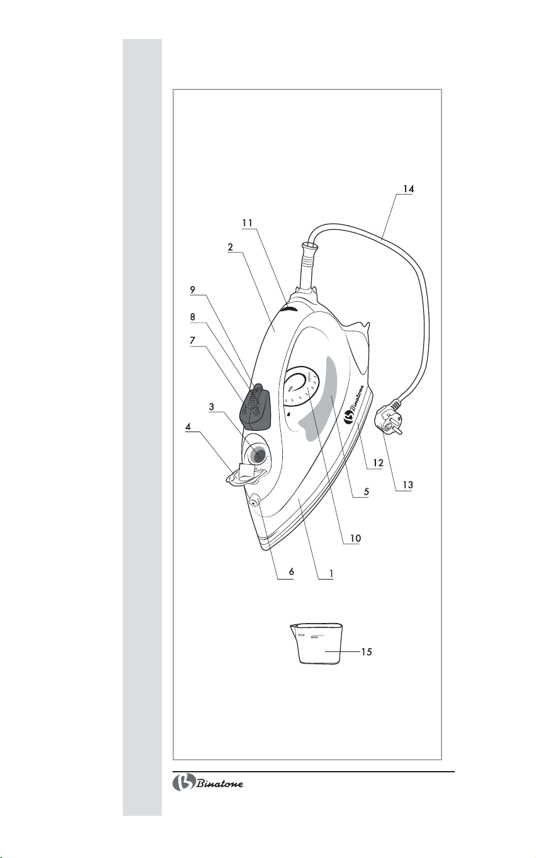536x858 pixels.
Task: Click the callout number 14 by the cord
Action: (408, 189)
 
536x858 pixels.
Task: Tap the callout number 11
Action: (248, 223)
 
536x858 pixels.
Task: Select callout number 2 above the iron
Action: (230, 247)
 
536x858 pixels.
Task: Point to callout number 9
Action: (193, 290)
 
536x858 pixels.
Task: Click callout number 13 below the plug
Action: (408, 484)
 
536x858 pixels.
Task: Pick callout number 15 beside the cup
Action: (367, 651)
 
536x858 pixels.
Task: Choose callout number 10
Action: (356, 538)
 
